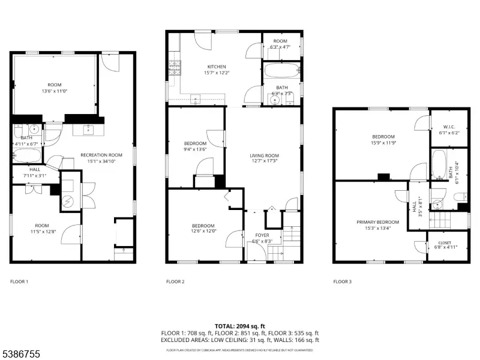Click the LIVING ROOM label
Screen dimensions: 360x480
tap(265, 155)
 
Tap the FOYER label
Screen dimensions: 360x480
tap(263, 235)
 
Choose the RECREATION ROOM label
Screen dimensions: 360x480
tap(101, 155)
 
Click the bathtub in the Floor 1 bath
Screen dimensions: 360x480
tap(26, 155)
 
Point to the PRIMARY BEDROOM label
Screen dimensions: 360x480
tap(377, 222)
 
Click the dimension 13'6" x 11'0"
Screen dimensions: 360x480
tap(54, 91)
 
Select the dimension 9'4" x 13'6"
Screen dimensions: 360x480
tap(196, 149)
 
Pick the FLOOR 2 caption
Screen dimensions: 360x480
tap(175, 281)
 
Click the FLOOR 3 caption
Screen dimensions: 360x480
tap(342, 281)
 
